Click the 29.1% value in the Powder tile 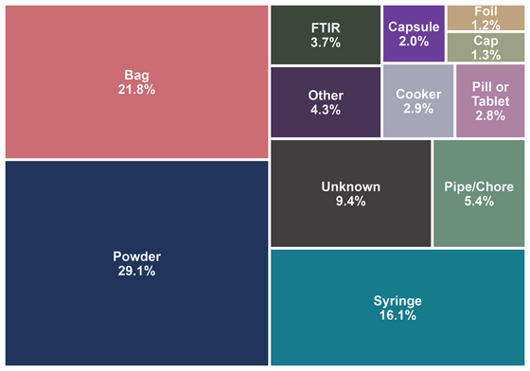pos(136,271)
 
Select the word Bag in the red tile pos(136,76)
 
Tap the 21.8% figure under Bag pos(136,90)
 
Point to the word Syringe pos(397,301)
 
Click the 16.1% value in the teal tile pos(397,315)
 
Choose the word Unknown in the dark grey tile pos(351,186)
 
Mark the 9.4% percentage pos(351,202)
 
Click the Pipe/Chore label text pos(479,186)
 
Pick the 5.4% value pos(479,202)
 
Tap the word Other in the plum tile pos(326,96)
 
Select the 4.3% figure pos(326,110)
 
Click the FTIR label pos(326,28)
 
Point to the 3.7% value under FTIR pos(326,43)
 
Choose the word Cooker pos(418,95)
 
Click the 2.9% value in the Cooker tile pos(418,109)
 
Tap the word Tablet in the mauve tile pos(490,101)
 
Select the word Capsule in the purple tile pos(414,27)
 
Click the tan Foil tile pos(486,18)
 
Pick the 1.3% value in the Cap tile pos(486,55)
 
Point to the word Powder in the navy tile pos(136,256)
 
